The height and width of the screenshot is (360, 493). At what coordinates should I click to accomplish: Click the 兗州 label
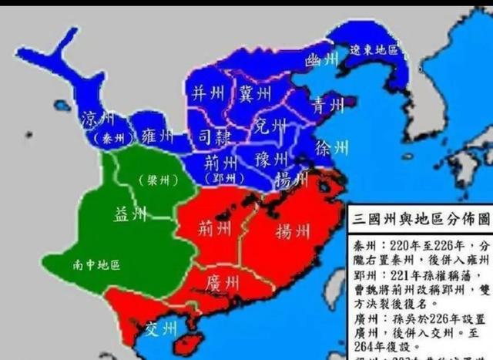pos(270,125)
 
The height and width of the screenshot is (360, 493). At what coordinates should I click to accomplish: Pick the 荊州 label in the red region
pos(213,228)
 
